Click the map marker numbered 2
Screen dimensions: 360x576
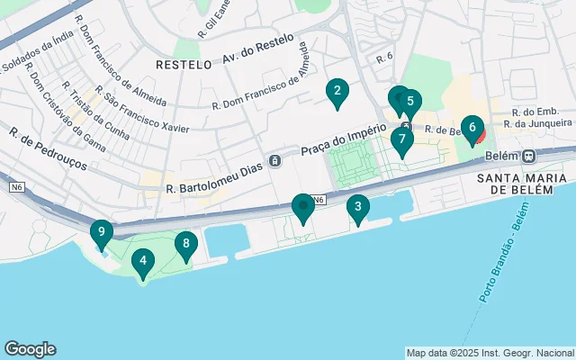pos(337,91)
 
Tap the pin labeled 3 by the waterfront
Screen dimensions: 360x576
pos(358,209)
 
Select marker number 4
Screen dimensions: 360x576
pos(141,263)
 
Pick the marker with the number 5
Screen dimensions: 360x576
pos(409,102)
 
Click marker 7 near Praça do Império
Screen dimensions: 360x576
pos(401,139)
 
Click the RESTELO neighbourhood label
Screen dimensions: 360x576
pos(183,65)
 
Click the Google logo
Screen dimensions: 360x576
pos(30,349)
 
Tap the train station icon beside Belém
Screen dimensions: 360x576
pos(531,155)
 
